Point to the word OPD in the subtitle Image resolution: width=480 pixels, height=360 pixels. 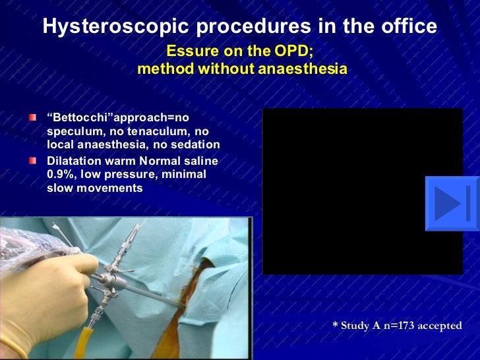coord(293,51)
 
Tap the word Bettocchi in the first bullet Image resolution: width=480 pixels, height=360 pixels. coord(84,117)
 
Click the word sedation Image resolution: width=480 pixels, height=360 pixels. coord(197,145)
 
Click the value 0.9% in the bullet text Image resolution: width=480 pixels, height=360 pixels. coord(61,173)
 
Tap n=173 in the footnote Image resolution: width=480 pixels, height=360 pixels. coord(399,326)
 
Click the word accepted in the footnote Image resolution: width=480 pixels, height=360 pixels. coord(441,326)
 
